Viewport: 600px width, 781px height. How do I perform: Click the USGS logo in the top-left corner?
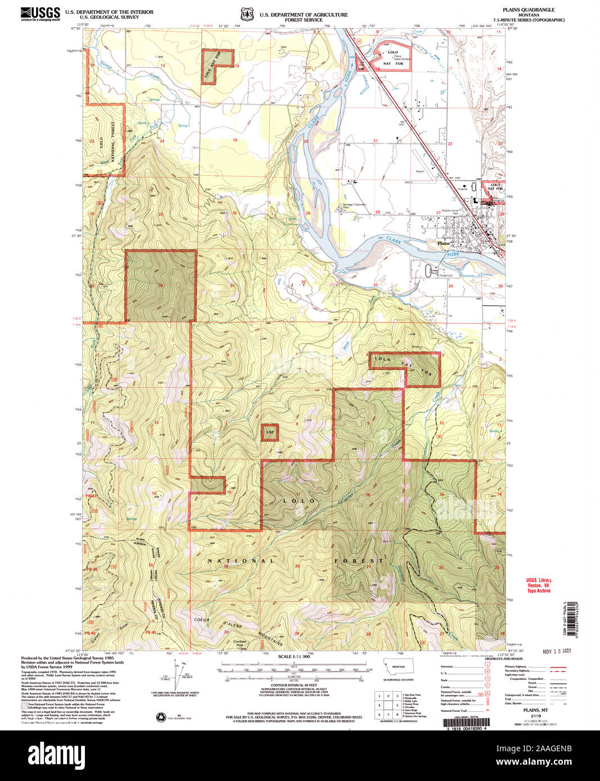point(40,13)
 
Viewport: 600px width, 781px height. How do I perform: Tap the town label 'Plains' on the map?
point(444,243)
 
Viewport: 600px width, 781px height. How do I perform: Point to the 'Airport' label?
point(420,171)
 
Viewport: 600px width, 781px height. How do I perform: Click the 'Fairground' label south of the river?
point(446,275)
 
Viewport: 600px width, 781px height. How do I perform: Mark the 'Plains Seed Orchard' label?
point(401,58)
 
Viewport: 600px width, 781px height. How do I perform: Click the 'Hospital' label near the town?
point(462,189)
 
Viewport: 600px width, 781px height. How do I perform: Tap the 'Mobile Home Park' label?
point(450,211)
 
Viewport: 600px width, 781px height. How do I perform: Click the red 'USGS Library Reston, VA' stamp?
point(538,585)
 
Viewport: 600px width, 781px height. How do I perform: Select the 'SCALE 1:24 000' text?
point(294,657)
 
